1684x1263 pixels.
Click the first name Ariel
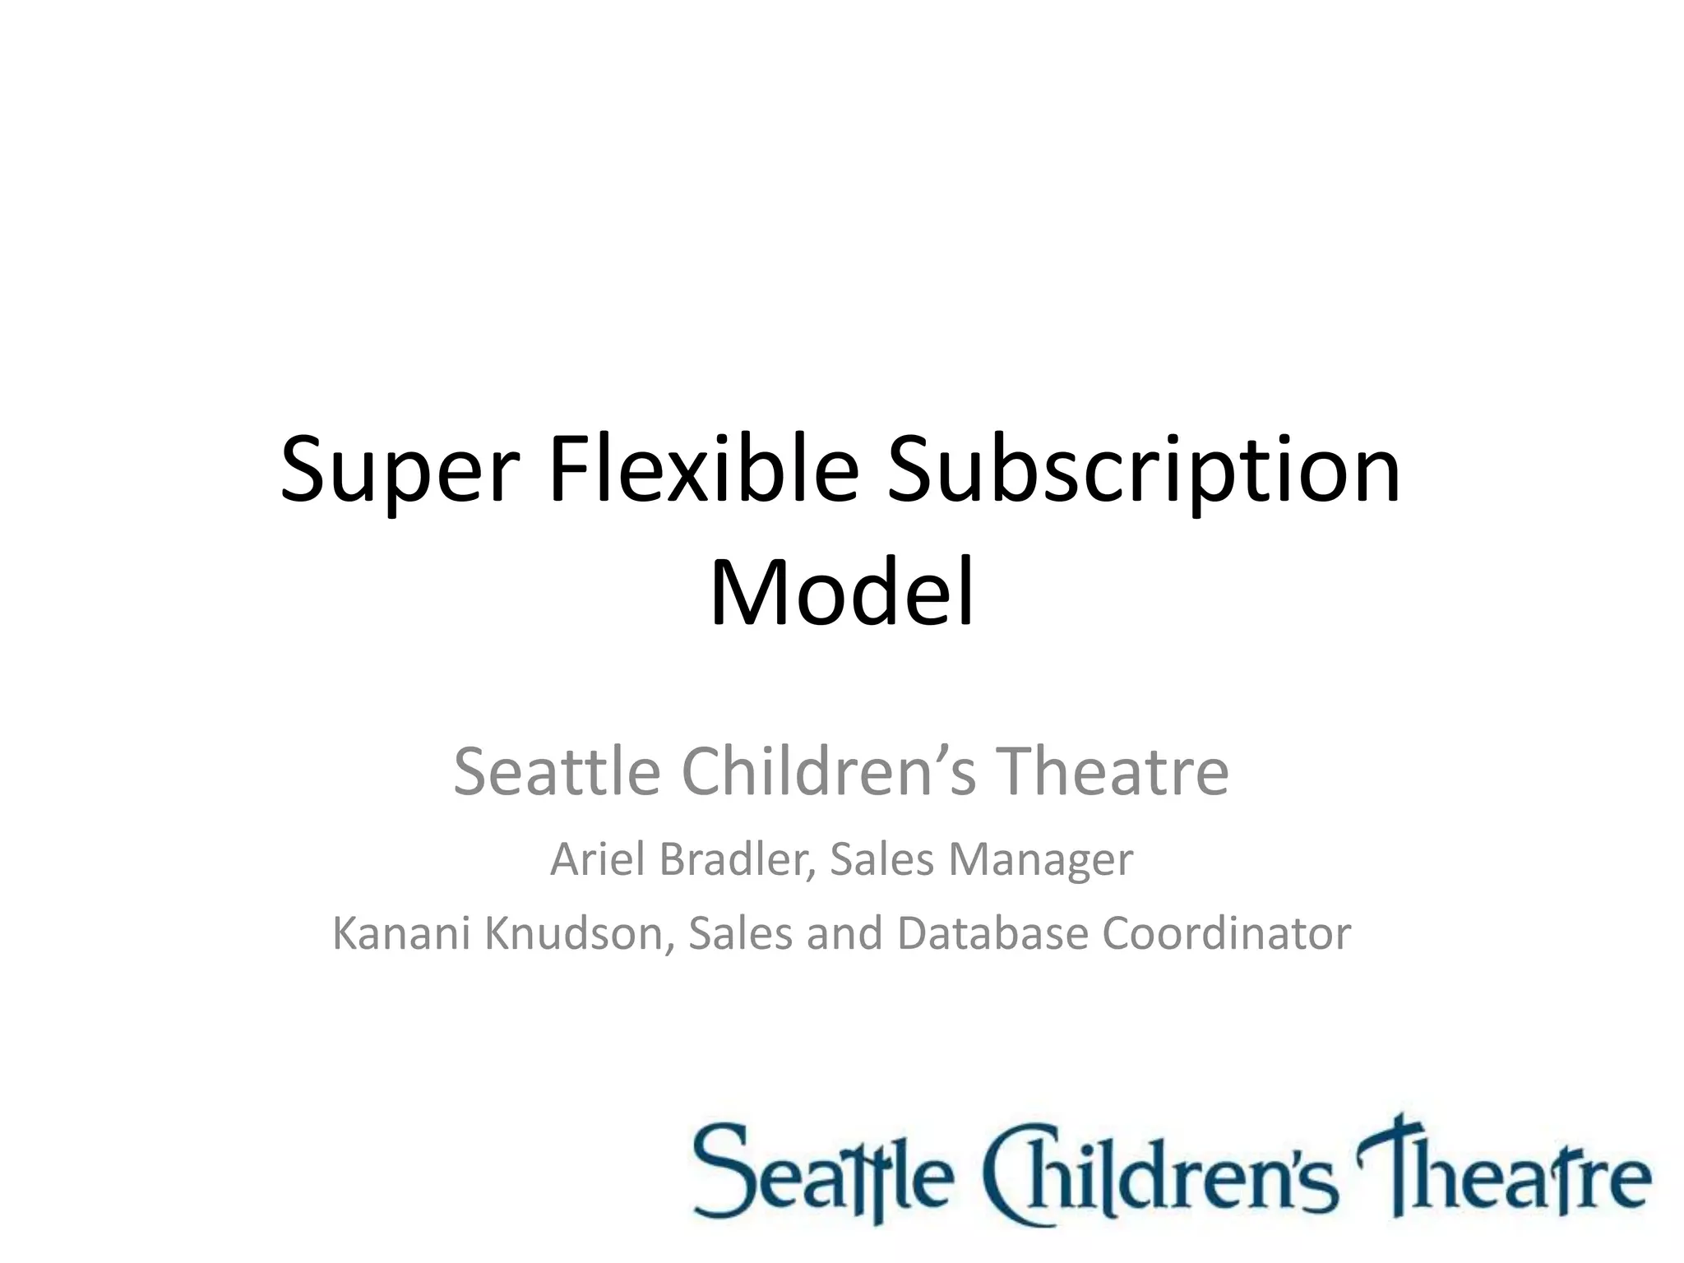[x=598, y=859]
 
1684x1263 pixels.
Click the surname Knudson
[x=581, y=933]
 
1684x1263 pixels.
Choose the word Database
[x=992, y=933]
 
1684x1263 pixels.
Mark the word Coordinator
[x=1226, y=933]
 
